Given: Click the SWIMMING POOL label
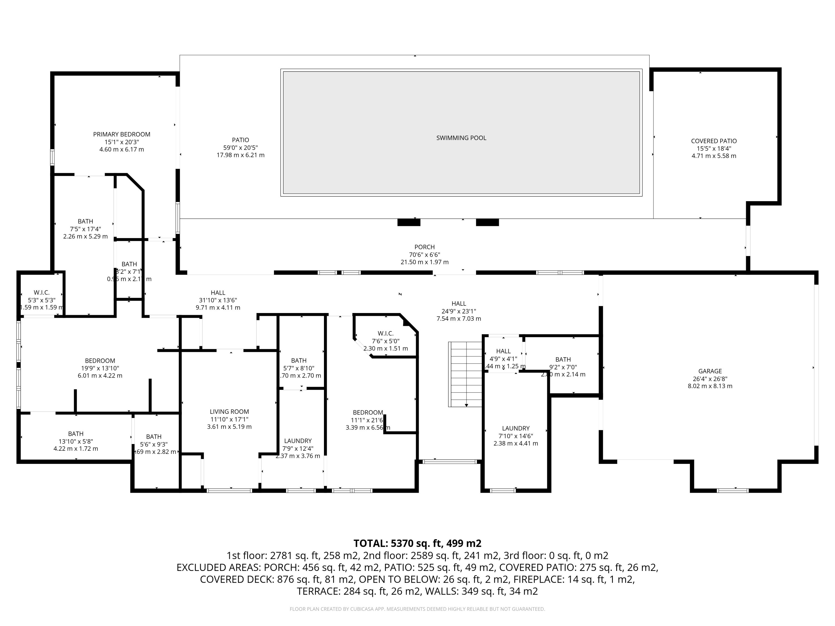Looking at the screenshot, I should click(x=461, y=138).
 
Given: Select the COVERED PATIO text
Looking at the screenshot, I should click(x=713, y=141).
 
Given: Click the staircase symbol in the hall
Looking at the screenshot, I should click(x=465, y=374).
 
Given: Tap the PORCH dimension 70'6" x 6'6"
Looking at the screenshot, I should click(x=424, y=255).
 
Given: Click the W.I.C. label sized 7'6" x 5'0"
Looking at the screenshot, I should click(x=385, y=334).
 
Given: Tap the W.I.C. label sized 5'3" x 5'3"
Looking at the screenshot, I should click(x=41, y=293).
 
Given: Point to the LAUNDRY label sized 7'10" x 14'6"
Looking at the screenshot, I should click(x=516, y=428).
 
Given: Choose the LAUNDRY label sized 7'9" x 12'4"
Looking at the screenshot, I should click(x=298, y=441).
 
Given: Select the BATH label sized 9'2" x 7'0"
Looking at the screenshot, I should click(x=563, y=359).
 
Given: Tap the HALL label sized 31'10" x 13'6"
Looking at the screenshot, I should click(x=218, y=293).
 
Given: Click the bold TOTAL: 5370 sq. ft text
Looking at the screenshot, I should click(x=417, y=543).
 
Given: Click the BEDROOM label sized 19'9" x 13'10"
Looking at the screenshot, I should click(x=100, y=361).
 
